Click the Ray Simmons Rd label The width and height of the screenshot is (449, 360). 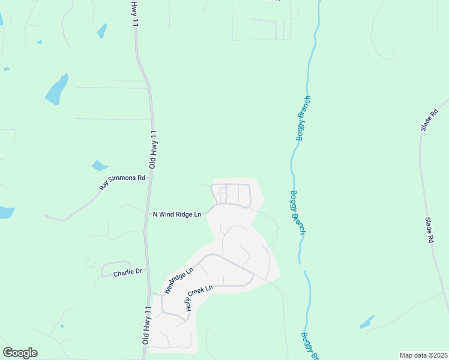[x=123, y=182]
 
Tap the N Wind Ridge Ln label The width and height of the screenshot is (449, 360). [x=176, y=214]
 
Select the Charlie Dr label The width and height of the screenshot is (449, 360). [x=127, y=272]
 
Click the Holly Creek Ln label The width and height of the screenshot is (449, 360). [x=199, y=298]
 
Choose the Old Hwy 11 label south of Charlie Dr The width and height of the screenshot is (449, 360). [x=145, y=324]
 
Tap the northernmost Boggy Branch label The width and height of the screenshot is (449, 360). [x=303, y=118]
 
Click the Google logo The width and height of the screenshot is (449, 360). [x=20, y=353]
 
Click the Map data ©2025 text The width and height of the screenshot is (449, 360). [x=423, y=355]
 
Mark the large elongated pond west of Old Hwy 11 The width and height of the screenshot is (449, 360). [x=56, y=89]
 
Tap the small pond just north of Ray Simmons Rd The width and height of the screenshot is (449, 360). [x=99, y=165]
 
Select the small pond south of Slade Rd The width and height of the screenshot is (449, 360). [x=367, y=322]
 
